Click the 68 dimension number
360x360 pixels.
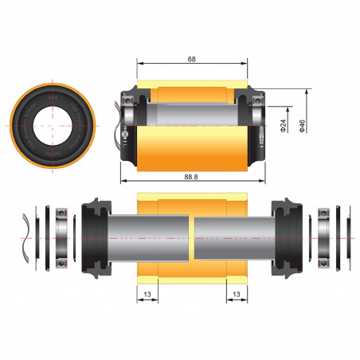[192, 58]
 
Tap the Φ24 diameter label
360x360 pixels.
[284, 126]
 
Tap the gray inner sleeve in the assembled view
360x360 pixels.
[191, 113]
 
